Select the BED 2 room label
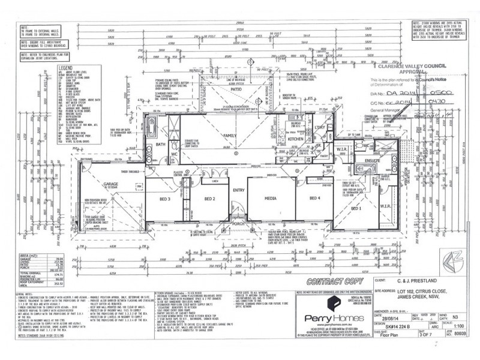[x=209, y=199]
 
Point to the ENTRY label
[x=239, y=190]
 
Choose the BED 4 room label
[x=316, y=198]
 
